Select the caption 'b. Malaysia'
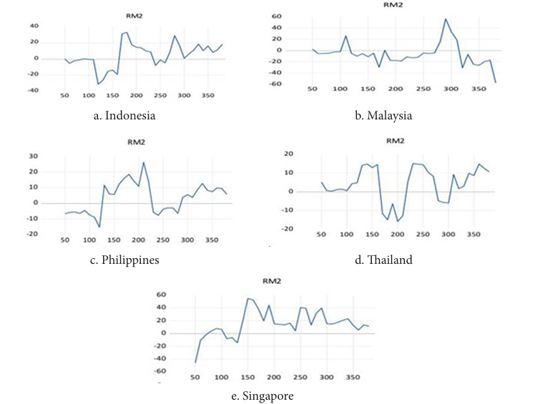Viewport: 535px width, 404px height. click(x=383, y=115)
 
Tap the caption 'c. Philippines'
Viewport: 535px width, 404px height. click(x=124, y=260)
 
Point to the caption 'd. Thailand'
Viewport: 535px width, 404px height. click(x=383, y=260)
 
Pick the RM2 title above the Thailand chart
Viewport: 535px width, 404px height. click(x=395, y=141)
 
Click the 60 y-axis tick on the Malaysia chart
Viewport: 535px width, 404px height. click(x=276, y=16)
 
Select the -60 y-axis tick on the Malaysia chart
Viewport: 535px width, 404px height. click(x=275, y=84)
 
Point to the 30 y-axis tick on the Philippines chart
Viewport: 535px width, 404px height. click(x=52, y=156)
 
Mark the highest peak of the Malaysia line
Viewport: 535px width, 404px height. click(x=445, y=19)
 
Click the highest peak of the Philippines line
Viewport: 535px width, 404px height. click(x=144, y=162)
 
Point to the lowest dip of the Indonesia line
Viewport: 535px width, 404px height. click(x=98, y=84)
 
